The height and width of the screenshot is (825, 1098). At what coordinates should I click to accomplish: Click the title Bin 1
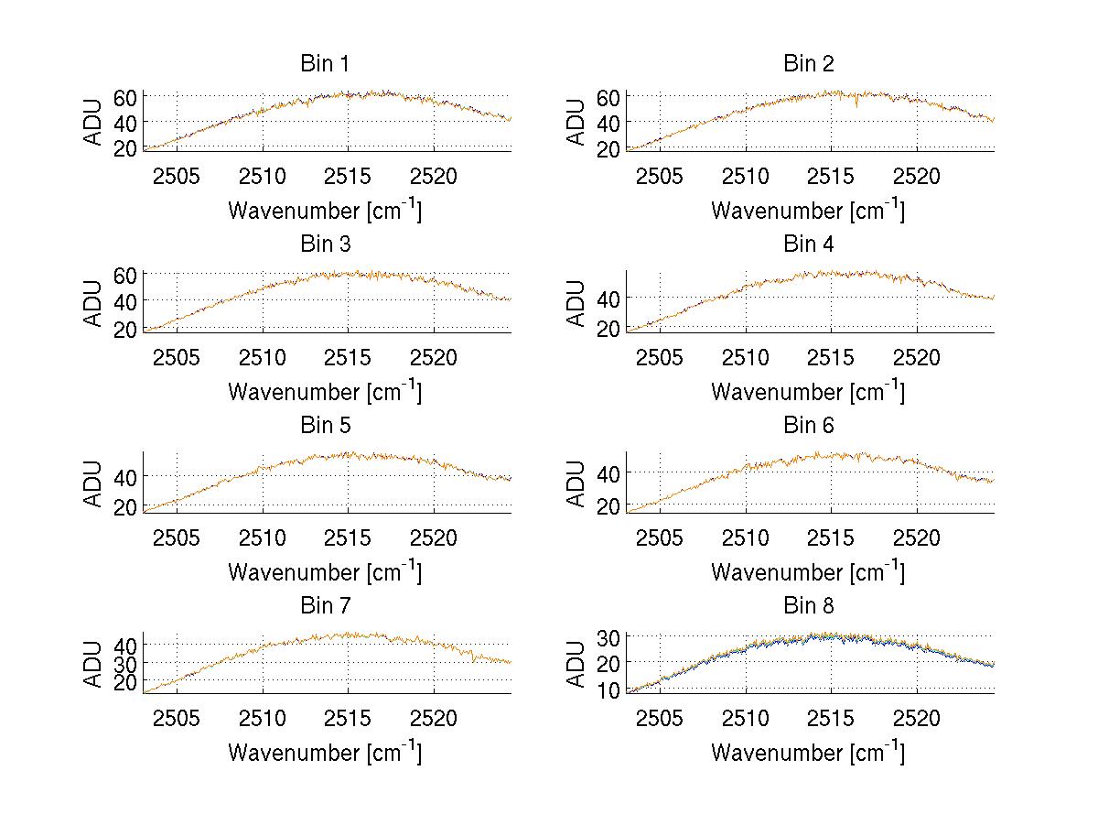click(x=324, y=64)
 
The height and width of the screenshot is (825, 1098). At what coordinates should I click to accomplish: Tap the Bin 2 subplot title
click(x=808, y=64)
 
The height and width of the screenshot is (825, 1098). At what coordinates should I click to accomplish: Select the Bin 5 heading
click(x=324, y=426)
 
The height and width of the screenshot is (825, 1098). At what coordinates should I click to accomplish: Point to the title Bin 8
click(x=808, y=606)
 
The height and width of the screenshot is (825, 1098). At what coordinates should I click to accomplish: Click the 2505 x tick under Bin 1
click(x=177, y=176)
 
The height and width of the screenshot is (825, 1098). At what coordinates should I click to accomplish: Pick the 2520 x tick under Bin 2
click(x=917, y=176)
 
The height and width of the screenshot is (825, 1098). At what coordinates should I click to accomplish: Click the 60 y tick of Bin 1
click(x=125, y=96)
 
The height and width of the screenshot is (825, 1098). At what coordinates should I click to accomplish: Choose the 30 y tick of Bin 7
click(x=125, y=662)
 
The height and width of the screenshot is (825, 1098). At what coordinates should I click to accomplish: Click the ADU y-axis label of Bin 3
click(x=93, y=302)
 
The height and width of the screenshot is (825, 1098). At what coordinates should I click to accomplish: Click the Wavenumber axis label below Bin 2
click(x=808, y=211)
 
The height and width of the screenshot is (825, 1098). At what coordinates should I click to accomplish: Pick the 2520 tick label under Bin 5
click(x=434, y=537)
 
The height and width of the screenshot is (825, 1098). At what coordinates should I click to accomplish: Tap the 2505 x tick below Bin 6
click(x=660, y=537)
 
